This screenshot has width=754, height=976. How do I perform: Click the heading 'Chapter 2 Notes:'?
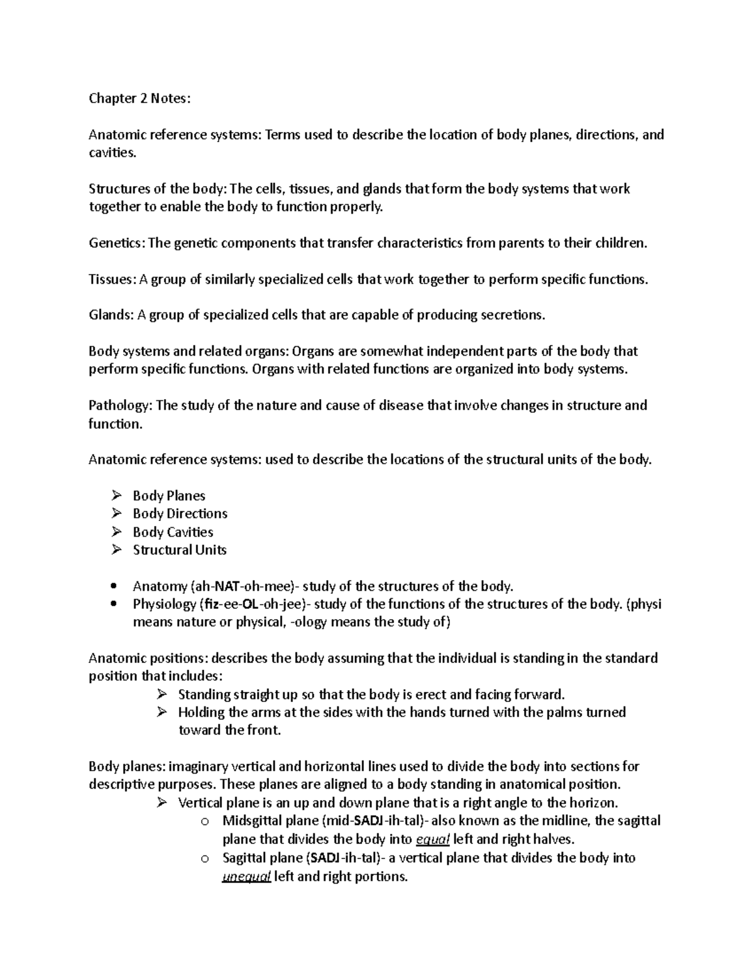139,98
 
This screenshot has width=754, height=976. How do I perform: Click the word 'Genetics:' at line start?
116,243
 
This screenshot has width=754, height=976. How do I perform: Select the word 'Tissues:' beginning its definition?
111,279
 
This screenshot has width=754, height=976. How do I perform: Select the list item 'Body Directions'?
180,513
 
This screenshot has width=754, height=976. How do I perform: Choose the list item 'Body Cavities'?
173,532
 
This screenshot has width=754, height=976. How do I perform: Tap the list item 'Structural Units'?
179,550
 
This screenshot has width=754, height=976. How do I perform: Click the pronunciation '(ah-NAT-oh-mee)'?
245,586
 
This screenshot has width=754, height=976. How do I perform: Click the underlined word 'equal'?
432,840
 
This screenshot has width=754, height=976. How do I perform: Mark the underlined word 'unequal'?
246,877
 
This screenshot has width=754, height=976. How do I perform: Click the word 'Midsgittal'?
251,821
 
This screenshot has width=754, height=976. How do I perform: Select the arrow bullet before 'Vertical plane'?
161,803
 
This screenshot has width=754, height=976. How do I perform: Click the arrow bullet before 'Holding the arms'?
161,712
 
